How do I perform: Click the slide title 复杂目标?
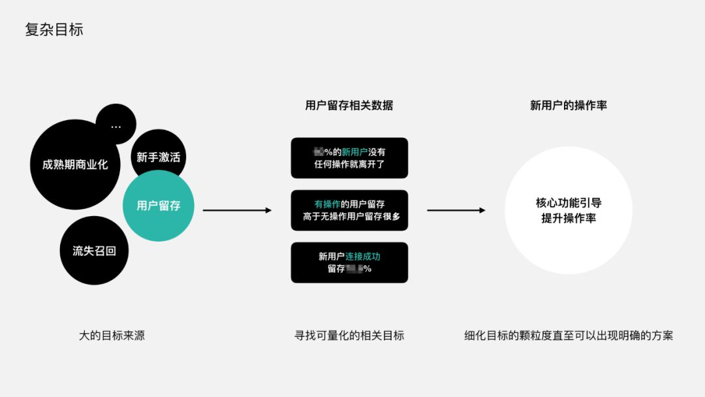(x=54, y=30)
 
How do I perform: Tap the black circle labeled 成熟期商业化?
(x=70, y=165)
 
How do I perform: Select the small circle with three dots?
(x=116, y=124)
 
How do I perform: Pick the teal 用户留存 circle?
(x=159, y=206)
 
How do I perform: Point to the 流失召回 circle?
(x=94, y=251)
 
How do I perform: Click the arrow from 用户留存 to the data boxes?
(x=237, y=210)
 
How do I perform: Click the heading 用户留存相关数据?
(x=349, y=105)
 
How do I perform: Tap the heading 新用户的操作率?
(x=569, y=105)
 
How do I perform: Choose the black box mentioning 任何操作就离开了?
(x=349, y=158)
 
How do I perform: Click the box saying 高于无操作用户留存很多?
(x=349, y=210)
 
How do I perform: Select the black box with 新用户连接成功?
(x=349, y=262)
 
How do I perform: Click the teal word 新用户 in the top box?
(x=354, y=152)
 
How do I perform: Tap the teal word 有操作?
(x=328, y=204)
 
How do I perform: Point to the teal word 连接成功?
(x=362, y=257)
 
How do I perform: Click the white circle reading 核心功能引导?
(x=569, y=210)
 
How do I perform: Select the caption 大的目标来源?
(x=112, y=336)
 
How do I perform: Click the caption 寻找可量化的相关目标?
(x=349, y=336)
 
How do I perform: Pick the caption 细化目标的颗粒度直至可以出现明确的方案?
(x=569, y=336)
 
